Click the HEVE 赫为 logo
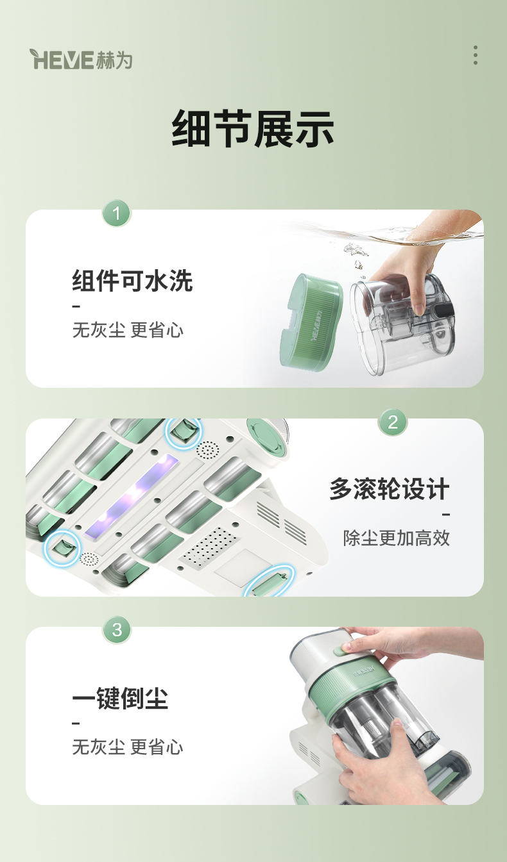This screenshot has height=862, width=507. tap(81, 60)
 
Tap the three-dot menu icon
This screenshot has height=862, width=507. tap(476, 55)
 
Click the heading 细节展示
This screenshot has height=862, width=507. tap(253, 128)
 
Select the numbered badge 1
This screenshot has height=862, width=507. tap(117, 213)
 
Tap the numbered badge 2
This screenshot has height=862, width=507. tap(392, 422)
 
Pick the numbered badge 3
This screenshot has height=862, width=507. tap(117, 630)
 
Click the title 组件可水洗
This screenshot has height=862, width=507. tap(132, 281)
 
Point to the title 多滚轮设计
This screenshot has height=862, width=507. tap(390, 489)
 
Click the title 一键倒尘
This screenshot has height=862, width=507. tap(120, 698)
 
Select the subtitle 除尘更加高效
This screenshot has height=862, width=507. tap(397, 538)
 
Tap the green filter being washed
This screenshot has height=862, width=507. tap(311, 322)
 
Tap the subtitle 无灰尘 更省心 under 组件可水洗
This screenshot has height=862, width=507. tap(128, 330)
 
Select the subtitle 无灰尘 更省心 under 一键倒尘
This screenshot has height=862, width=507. tap(128, 747)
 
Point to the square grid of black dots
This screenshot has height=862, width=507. tap(210, 548)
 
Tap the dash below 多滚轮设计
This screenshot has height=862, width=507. tap(446, 514)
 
